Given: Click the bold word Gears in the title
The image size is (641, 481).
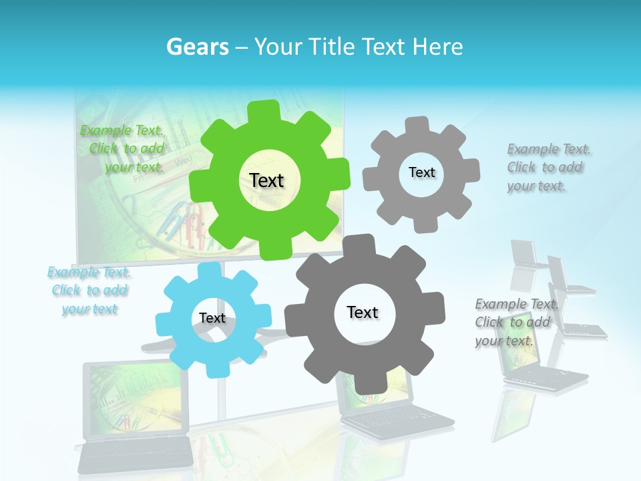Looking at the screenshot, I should pyautogui.click(x=197, y=47).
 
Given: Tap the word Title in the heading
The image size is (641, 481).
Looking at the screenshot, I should pyautogui.click(x=331, y=47).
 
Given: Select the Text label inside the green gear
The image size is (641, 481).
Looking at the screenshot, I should pyautogui.click(x=267, y=180).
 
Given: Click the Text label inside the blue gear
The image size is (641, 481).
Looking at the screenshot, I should pyautogui.click(x=212, y=319).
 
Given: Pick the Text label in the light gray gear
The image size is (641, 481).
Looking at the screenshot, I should pyautogui.click(x=422, y=172).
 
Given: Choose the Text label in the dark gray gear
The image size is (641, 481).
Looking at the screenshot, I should pyautogui.click(x=363, y=313).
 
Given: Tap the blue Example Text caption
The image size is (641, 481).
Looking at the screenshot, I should pyautogui.click(x=89, y=291).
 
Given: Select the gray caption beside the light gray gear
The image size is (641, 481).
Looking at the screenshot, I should pyautogui.click(x=545, y=168).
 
